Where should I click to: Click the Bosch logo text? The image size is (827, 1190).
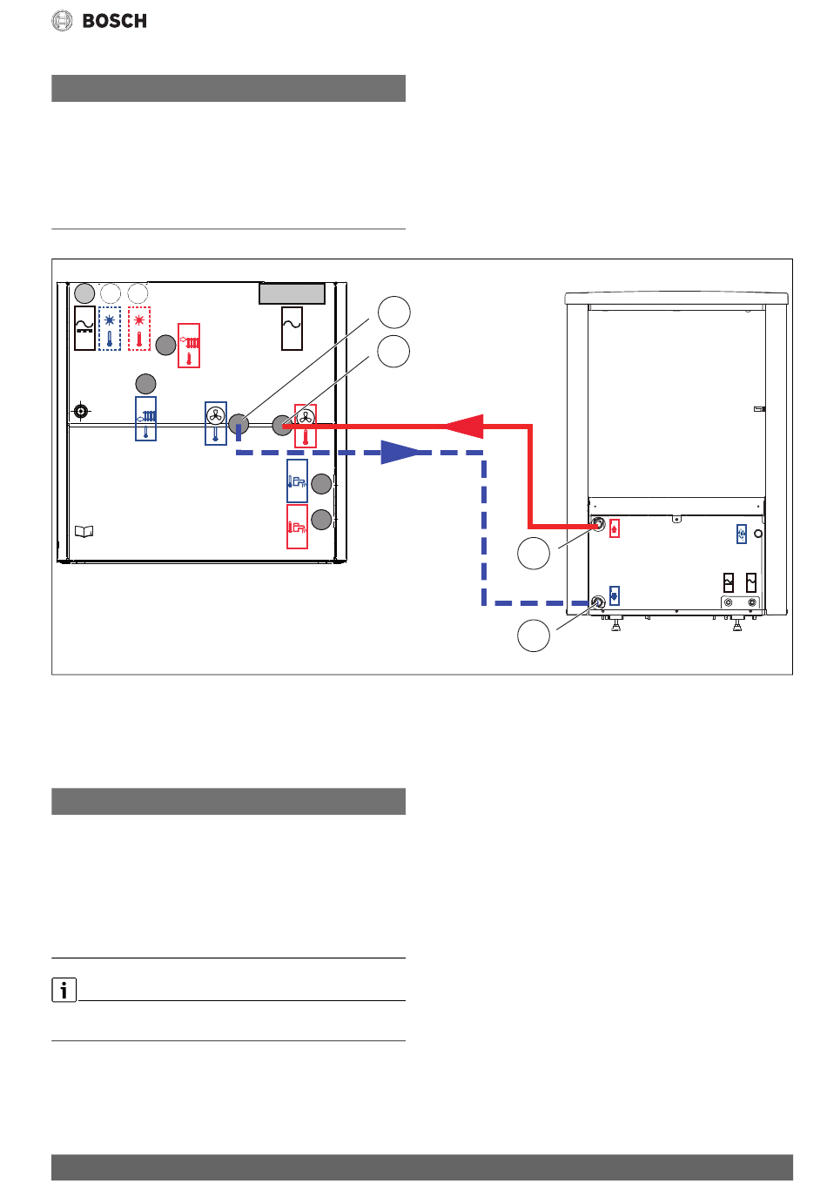pyautogui.click(x=114, y=21)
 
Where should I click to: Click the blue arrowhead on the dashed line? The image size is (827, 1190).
pyautogui.click(x=400, y=453)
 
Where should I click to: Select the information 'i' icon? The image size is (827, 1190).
pyautogui.click(x=64, y=990)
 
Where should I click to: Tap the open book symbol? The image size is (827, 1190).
pyautogui.click(x=84, y=531)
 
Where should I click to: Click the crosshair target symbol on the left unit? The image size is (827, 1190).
pyautogui.click(x=81, y=410)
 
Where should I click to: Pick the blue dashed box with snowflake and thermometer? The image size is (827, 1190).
pyautogui.click(x=110, y=328)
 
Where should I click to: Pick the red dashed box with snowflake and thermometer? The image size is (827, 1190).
pyautogui.click(x=139, y=328)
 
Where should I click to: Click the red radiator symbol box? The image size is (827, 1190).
pyautogui.click(x=189, y=346)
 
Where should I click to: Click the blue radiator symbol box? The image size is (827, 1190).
pyautogui.click(x=145, y=419)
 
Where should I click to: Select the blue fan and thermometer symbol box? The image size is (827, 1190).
pyautogui.click(x=215, y=423)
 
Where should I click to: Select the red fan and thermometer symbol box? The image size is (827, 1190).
pyautogui.click(x=305, y=425)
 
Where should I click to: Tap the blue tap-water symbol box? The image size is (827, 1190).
pyautogui.click(x=297, y=481)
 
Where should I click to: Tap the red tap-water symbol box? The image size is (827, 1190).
pyautogui.click(x=297, y=527)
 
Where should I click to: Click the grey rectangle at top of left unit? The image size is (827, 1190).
pyautogui.click(x=292, y=294)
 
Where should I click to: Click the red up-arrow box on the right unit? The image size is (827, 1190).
pyautogui.click(x=615, y=528)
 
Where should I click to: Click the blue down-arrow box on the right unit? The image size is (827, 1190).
pyautogui.click(x=615, y=596)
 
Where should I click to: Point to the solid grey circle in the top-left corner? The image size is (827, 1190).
pyautogui.click(x=84, y=292)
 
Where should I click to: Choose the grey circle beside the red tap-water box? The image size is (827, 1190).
pyautogui.click(x=322, y=520)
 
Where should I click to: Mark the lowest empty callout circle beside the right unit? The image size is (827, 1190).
pyautogui.click(x=534, y=635)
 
